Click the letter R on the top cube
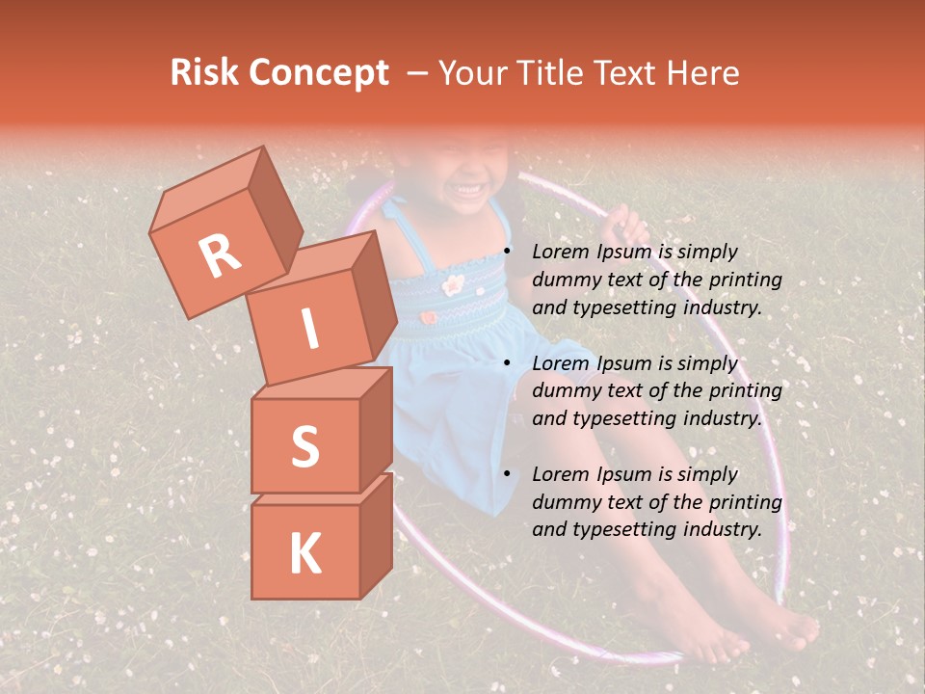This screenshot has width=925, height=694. (220, 255)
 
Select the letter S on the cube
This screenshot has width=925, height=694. (304, 446)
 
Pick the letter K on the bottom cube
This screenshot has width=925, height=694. (304, 553)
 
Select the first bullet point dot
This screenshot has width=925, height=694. (508, 253)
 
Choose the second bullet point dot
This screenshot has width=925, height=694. (508, 363)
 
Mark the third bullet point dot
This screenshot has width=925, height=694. (508, 474)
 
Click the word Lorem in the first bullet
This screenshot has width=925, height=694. (560, 252)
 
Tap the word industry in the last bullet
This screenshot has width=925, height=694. (724, 529)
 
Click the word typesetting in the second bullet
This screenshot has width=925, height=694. (622, 418)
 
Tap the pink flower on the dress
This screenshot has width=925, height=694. (452, 283)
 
